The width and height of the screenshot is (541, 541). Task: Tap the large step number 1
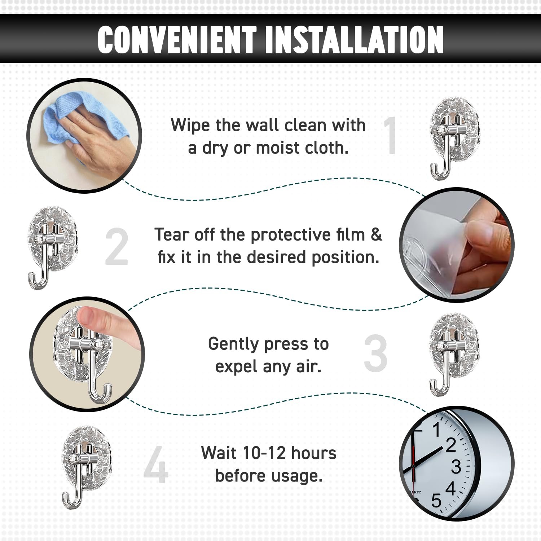(390, 136)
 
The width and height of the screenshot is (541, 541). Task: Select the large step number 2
(117, 247)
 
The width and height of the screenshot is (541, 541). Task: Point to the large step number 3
(375, 353)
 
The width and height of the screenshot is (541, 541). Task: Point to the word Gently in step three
(233, 345)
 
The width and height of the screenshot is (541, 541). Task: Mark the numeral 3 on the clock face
(456, 467)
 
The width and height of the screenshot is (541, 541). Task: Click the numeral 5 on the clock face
(436, 501)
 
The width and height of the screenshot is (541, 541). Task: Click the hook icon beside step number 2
(53, 248)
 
